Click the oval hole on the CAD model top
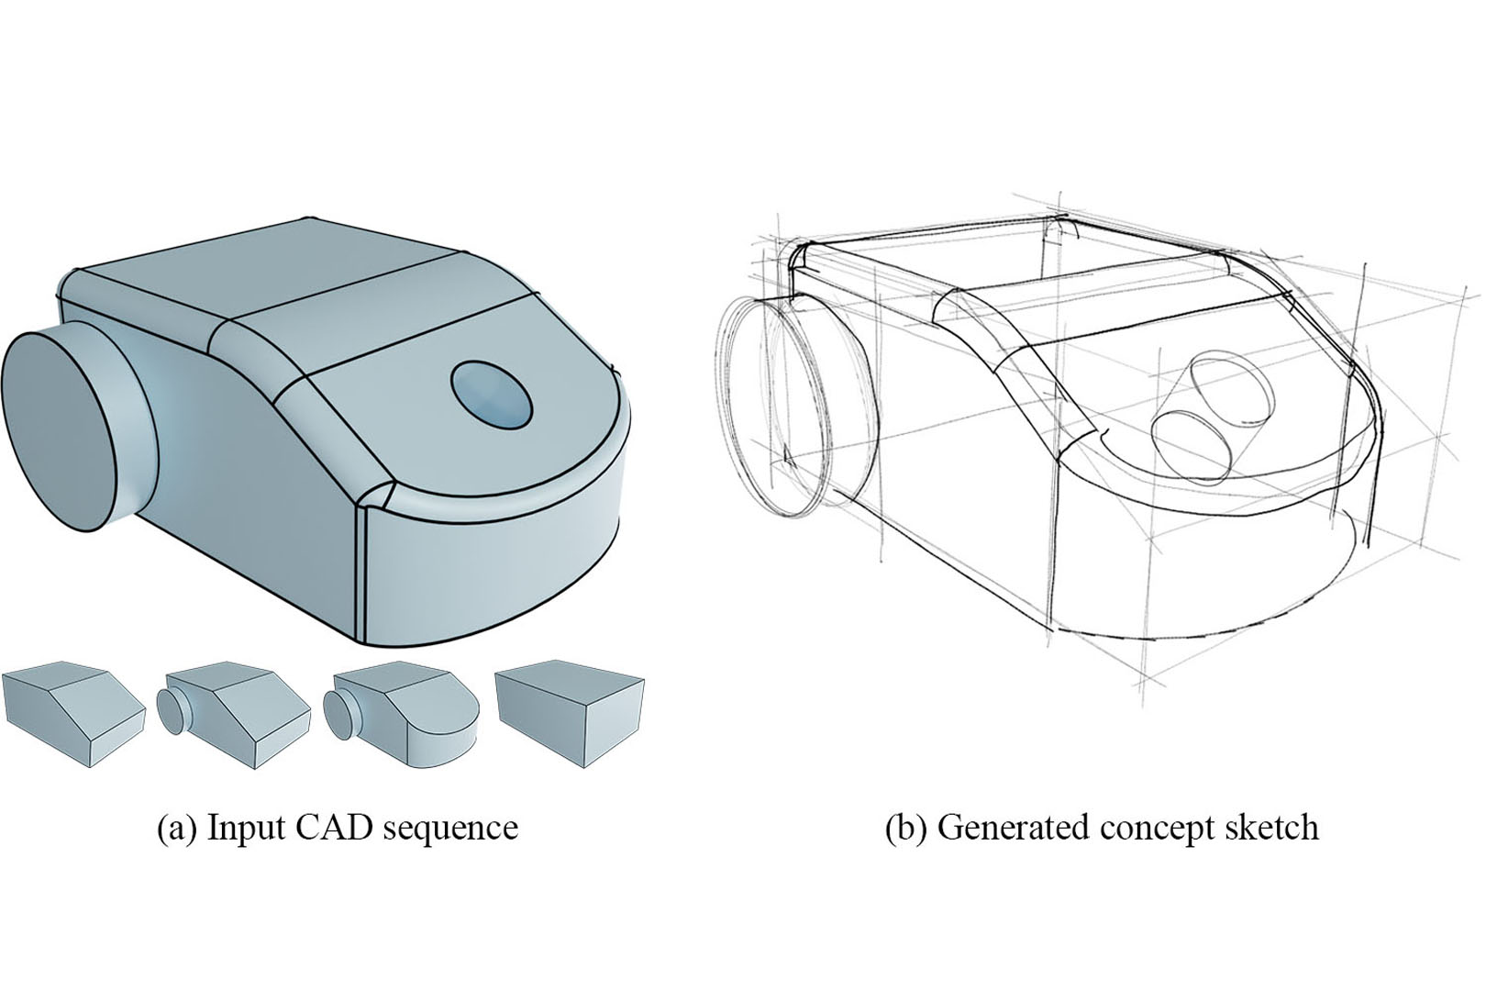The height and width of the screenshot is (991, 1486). [x=493, y=395]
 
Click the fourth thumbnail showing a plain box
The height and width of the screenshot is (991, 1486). [x=570, y=711]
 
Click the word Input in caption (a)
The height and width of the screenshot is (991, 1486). [x=243, y=828]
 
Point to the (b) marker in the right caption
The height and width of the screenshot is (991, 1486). [x=904, y=828]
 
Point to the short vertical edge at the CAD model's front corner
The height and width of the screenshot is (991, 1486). [x=362, y=569]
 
